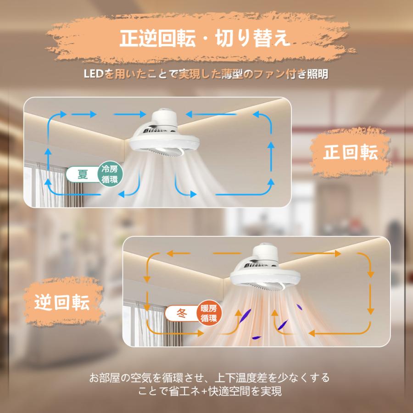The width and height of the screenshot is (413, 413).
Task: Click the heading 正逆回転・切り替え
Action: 205,39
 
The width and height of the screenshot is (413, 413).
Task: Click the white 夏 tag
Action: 83,175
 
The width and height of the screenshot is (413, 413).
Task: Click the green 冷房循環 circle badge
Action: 110,175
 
